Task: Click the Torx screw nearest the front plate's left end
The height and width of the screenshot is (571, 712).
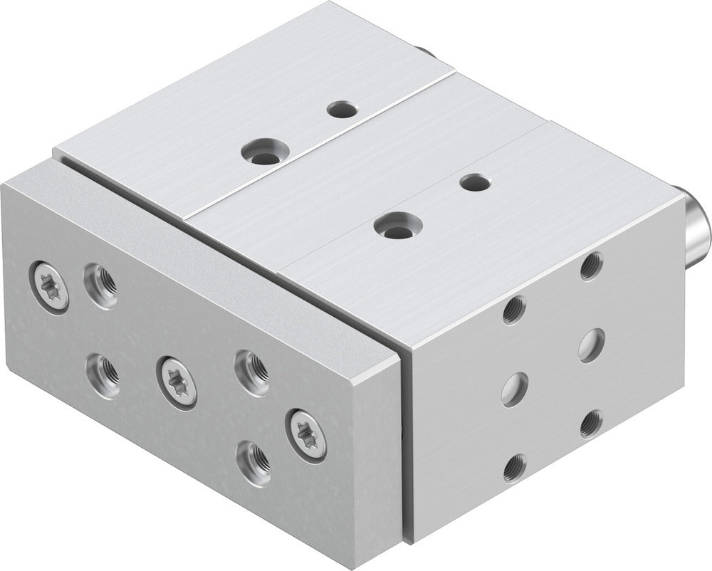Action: pos(51,286)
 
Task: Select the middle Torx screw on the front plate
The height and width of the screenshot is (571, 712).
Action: pos(177,381)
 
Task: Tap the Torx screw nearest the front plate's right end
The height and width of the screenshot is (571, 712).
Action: pos(307,434)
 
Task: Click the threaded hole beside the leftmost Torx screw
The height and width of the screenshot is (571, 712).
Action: pos(100,285)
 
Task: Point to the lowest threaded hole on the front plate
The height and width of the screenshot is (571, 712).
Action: pos(253,463)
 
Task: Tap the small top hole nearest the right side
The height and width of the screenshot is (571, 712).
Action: pos(475,182)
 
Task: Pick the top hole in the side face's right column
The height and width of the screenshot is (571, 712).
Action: pos(590,266)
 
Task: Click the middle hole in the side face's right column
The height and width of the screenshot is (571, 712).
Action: pos(591,345)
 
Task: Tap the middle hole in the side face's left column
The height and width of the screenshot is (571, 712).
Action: pos(514,389)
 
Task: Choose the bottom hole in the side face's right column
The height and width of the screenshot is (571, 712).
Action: pos(590,424)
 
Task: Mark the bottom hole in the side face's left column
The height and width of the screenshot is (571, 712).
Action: pos(514,468)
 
